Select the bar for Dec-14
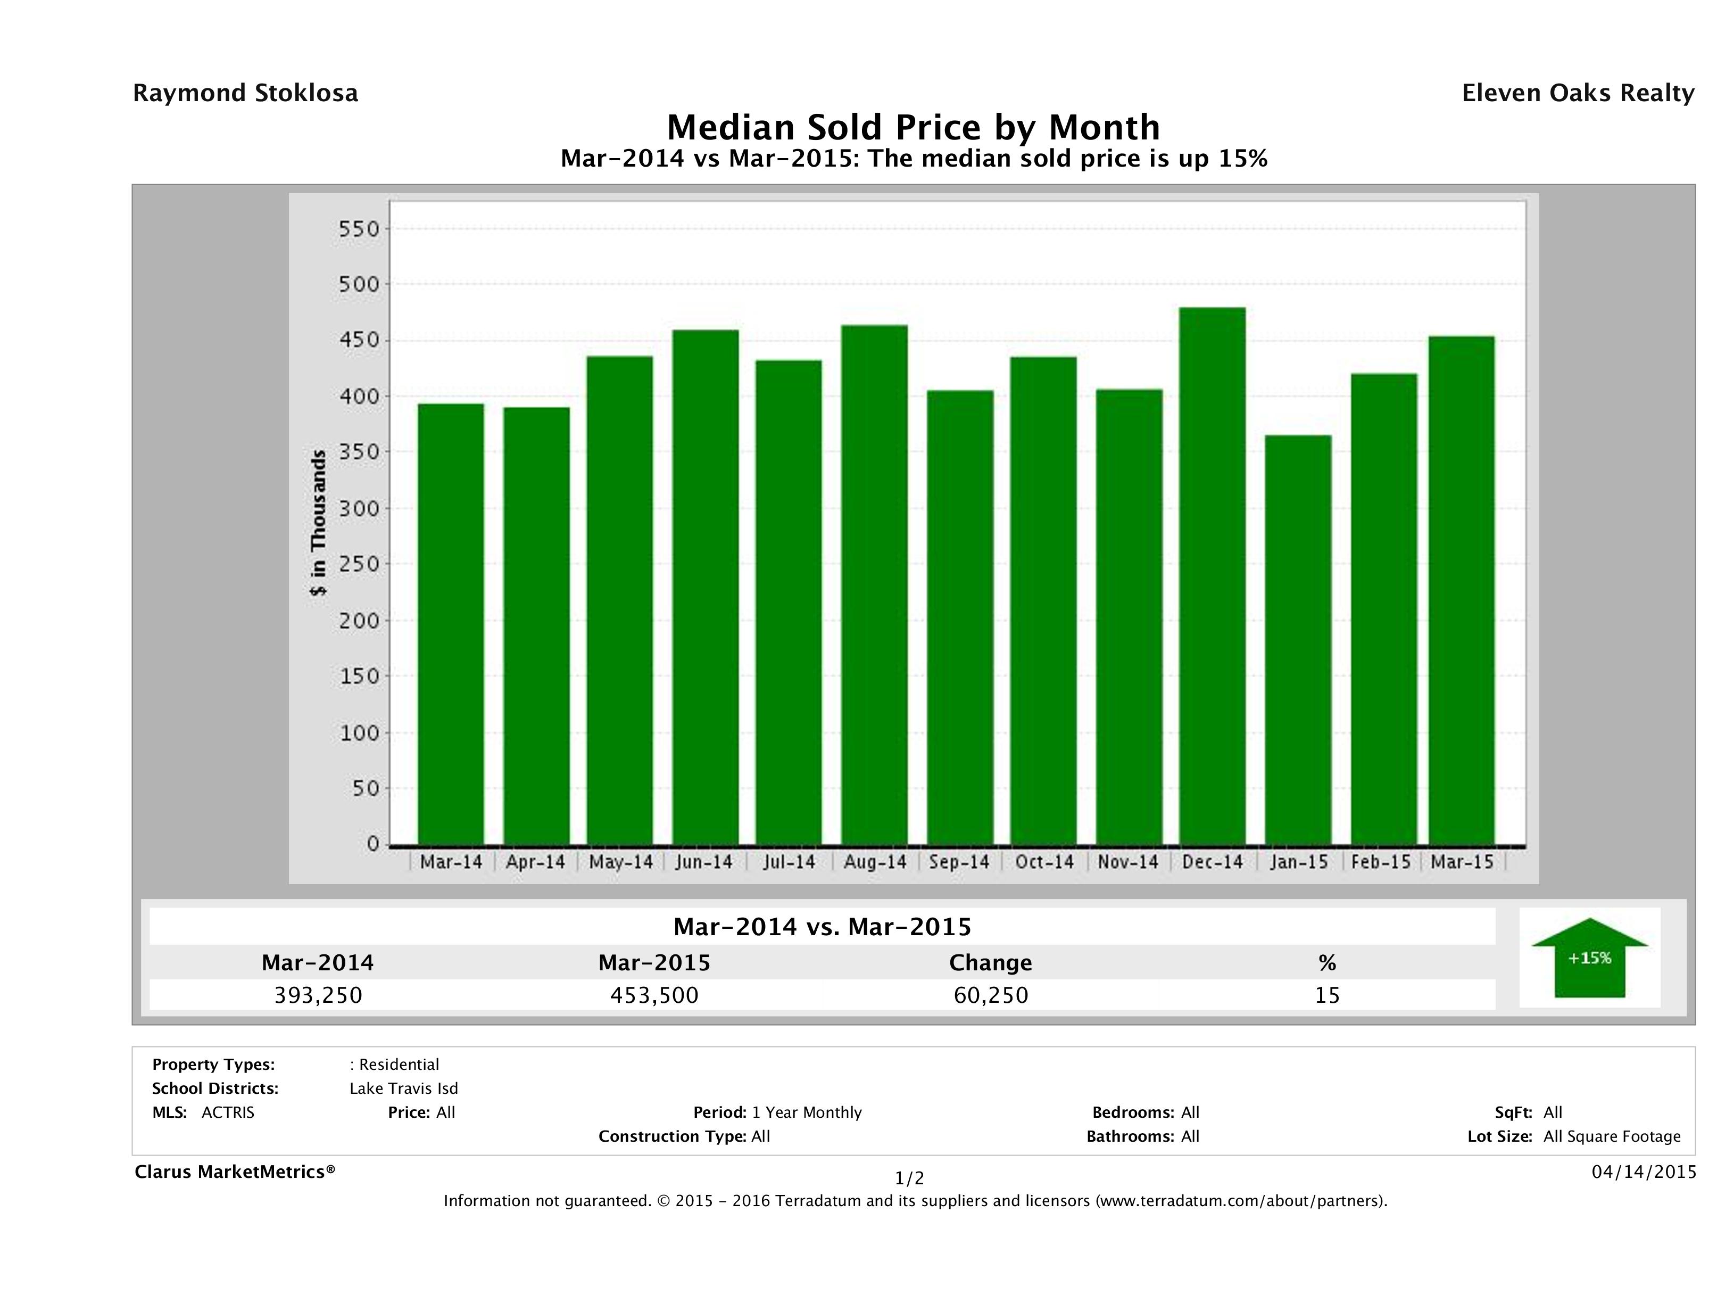point(1213,576)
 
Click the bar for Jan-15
point(1298,640)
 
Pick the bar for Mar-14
point(451,624)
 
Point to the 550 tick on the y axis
point(359,229)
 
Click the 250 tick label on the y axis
point(359,565)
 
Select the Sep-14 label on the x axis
point(959,862)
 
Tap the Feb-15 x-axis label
point(1381,862)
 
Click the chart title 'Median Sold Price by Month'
point(914,127)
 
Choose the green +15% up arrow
point(1589,958)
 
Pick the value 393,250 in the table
point(318,995)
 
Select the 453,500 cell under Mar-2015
point(654,995)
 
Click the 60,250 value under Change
point(991,995)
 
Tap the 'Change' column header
point(991,963)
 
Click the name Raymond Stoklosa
point(245,93)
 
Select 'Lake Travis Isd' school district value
point(404,1088)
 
